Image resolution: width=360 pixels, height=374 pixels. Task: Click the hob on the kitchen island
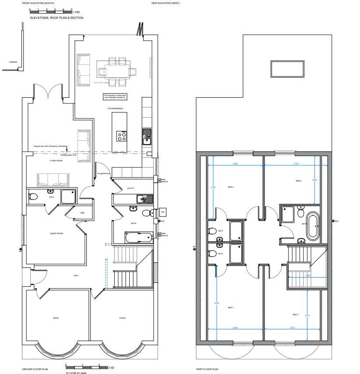[121, 136]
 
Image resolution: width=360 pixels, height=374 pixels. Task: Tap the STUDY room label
[123, 318]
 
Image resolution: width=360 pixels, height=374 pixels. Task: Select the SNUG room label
[56, 318]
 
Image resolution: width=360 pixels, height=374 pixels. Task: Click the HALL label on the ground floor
[76, 275]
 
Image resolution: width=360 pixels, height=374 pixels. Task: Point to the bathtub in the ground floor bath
[138, 238]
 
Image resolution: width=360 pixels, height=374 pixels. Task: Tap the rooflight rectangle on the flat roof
[287, 69]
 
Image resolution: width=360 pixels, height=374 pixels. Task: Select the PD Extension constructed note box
[115, 96]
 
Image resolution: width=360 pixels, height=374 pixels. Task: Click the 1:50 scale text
[111, 367]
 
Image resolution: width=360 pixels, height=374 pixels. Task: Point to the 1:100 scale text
[76, 12]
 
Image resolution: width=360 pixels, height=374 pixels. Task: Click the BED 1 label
[231, 307]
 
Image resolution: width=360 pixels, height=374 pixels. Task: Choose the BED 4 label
[299, 181]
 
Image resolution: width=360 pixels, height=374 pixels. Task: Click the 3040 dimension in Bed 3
[307, 315]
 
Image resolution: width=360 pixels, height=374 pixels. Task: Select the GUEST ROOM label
[56, 233]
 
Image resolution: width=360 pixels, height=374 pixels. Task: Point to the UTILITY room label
[131, 189]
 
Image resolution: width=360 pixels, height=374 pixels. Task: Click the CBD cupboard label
[82, 213]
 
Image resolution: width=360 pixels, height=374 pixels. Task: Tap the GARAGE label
[13, 62]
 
